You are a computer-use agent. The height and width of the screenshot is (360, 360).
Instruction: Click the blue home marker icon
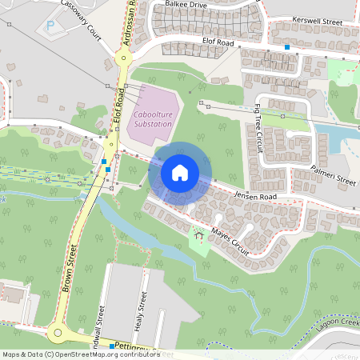180,172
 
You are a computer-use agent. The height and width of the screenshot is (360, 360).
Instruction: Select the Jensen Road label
255,196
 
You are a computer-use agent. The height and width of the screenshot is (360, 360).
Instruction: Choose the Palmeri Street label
334,176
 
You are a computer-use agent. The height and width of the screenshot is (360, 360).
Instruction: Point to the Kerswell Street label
318,18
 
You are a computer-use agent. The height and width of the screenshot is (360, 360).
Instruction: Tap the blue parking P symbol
51,26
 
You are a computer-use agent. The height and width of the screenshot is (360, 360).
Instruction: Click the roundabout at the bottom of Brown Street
57,332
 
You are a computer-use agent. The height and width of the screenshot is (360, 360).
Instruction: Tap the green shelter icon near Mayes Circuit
197,235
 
